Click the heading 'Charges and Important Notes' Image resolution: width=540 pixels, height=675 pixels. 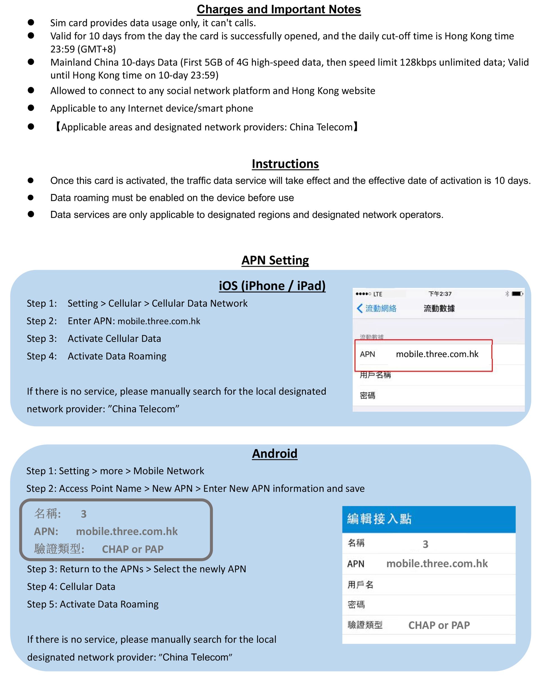coord(279,9)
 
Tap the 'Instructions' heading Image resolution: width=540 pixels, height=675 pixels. coord(285,164)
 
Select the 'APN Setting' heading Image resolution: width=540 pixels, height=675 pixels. coord(275,260)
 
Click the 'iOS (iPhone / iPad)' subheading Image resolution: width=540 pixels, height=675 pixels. coord(272,286)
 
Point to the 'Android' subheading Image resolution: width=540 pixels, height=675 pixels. coord(274,453)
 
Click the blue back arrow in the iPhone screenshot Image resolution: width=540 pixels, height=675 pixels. coord(359,308)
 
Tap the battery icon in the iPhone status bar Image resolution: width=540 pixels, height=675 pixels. coord(517,294)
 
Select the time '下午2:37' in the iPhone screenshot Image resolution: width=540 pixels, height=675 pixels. coord(440,294)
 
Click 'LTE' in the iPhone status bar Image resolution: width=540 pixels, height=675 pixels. coord(378,294)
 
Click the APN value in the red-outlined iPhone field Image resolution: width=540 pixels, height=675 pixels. coord(437,354)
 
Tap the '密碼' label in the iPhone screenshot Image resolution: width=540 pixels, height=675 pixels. coord(367,396)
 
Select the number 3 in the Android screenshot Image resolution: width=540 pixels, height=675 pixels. coord(425,544)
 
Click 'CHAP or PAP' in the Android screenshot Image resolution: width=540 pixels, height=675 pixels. coord(439,625)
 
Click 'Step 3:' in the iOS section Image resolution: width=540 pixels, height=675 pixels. coord(42,338)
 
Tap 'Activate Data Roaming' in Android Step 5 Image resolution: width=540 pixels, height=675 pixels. coord(109,604)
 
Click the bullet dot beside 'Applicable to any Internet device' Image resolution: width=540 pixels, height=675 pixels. coord(31,108)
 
